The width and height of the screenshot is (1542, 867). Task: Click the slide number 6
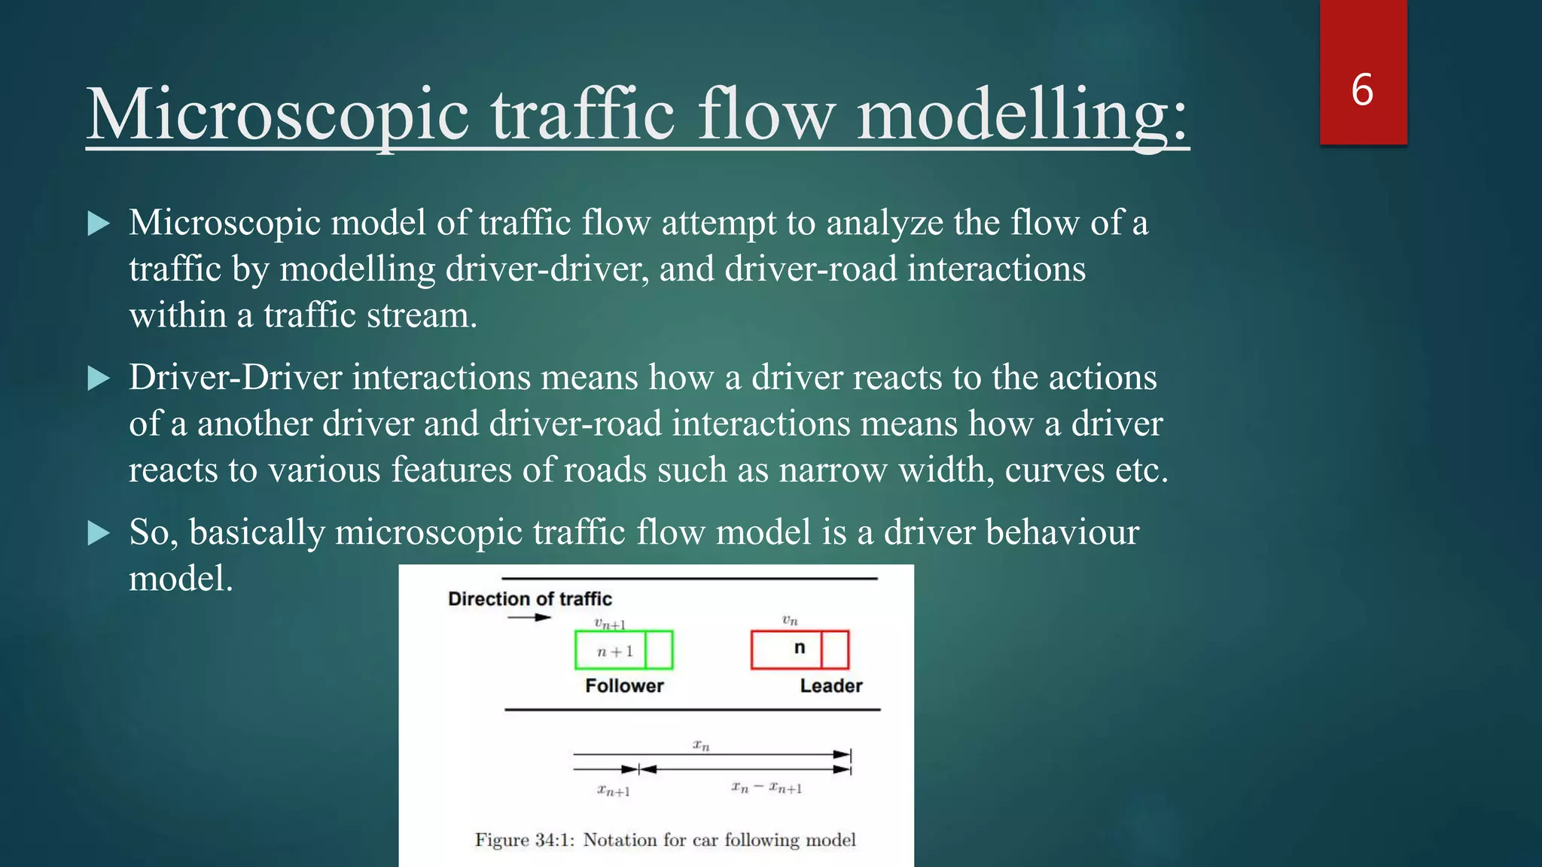[x=1362, y=90]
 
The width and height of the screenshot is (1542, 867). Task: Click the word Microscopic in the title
[x=278, y=115]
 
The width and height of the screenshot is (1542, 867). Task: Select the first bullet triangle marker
[x=99, y=224]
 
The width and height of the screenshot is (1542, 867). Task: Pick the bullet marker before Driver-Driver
[x=99, y=378]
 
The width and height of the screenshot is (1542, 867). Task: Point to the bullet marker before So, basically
[x=99, y=533]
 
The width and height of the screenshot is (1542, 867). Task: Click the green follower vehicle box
[x=623, y=650]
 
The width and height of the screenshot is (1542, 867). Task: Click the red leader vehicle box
[x=800, y=650]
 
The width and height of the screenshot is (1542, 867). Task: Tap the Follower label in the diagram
[x=624, y=686]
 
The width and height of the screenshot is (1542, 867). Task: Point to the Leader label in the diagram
[x=831, y=686]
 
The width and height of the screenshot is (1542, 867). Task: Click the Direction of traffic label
[x=529, y=599]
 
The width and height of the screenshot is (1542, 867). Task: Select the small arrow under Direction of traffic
[x=529, y=618]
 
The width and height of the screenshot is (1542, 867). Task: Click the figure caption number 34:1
[x=555, y=840]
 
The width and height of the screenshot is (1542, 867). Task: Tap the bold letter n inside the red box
[x=800, y=648]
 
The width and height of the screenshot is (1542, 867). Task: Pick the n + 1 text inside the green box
[x=615, y=652]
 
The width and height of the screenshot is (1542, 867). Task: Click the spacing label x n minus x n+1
[x=766, y=788]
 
